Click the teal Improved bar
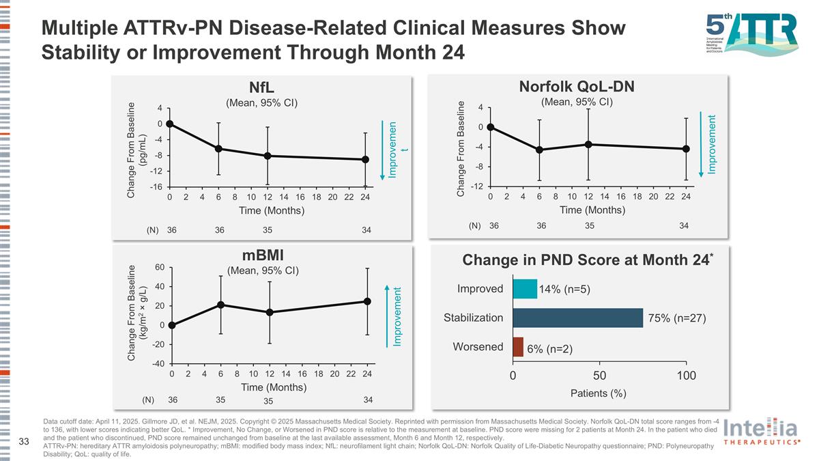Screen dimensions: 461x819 tap(525, 289)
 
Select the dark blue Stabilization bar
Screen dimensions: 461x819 tap(577, 318)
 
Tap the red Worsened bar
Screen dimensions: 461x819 tap(517, 347)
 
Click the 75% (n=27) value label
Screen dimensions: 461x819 tap(676, 318)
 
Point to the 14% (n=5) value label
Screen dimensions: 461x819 tap(564, 290)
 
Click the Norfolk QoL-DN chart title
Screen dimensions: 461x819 tap(577, 86)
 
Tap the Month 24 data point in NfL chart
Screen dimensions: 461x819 tap(366, 160)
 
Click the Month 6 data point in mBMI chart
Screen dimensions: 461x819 tap(220, 305)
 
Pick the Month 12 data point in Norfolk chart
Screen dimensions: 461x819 tap(588, 144)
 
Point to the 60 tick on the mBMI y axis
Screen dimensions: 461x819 tap(159, 267)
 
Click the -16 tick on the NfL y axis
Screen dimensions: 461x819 tap(156, 186)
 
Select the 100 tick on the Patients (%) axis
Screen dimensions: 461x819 tap(687, 376)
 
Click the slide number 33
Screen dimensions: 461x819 tap(24, 442)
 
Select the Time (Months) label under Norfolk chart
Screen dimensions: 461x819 tap(592, 210)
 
